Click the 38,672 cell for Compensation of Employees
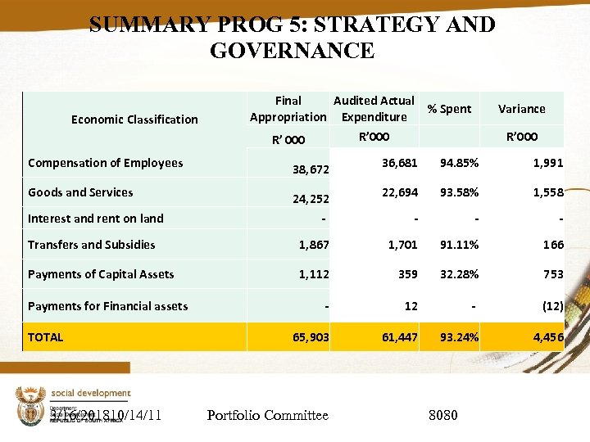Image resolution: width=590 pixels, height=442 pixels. (x=311, y=170)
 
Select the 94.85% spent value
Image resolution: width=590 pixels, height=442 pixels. (x=459, y=163)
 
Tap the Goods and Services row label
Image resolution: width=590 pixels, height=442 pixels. (x=80, y=192)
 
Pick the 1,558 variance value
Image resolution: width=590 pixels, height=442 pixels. (x=547, y=192)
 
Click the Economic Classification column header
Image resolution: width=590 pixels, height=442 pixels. (x=134, y=120)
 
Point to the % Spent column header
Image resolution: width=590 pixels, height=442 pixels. (x=449, y=109)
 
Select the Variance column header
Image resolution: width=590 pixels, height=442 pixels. (x=521, y=109)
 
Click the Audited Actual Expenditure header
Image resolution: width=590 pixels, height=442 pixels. (x=374, y=109)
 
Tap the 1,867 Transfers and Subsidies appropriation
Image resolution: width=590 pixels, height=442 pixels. (x=314, y=245)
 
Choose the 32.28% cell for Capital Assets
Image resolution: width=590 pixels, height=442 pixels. (x=459, y=274)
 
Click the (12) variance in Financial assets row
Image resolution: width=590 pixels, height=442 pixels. (x=551, y=306)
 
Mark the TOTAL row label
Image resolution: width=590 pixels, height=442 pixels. (x=45, y=336)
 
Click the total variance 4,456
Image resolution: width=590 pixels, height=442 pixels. (x=547, y=336)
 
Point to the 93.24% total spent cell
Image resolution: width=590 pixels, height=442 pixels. (x=459, y=336)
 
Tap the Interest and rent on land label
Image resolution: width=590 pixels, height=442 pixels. (x=95, y=219)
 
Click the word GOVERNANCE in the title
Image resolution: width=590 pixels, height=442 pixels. (x=292, y=51)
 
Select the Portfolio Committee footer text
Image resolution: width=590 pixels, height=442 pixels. (x=267, y=416)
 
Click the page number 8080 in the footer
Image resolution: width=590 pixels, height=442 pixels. (x=443, y=416)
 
